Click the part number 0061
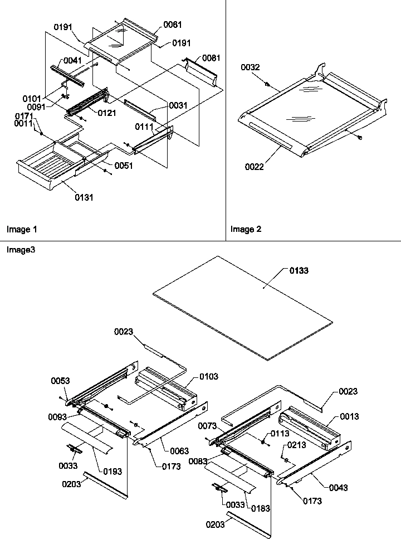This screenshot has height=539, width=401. click(x=173, y=25)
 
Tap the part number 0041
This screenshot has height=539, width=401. click(x=72, y=60)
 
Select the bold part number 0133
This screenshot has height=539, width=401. click(x=299, y=270)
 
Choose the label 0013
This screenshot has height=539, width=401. click(x=350, y=416)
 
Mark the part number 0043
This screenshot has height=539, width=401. click(x=338, y=488)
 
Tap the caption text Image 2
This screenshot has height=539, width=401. click(x=246, y=229)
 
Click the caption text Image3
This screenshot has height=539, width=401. click(x=20, y=250)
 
